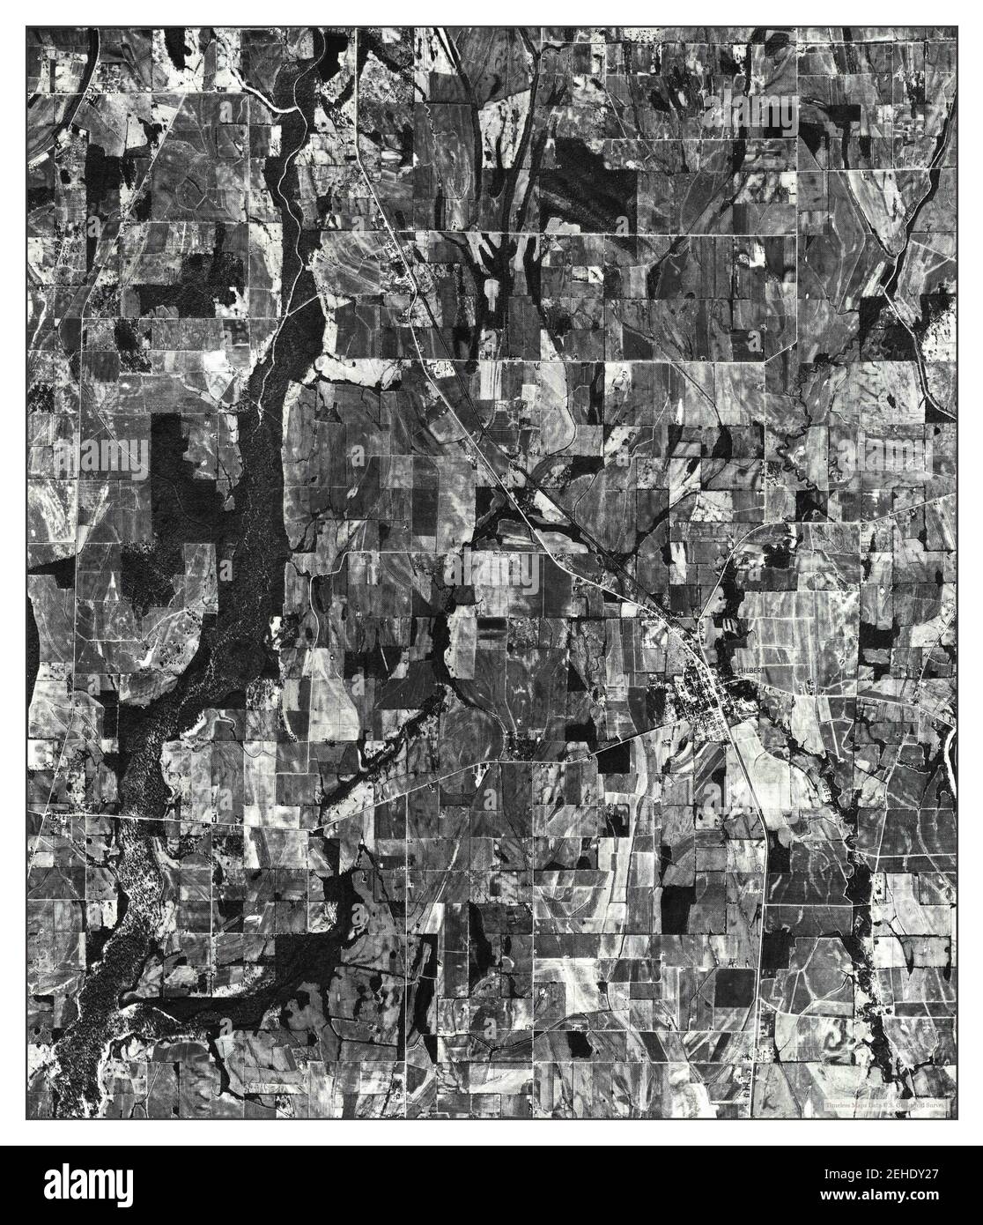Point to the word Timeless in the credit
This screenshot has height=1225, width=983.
pos(842,1104)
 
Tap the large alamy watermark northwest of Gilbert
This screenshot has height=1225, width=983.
pos(491,573)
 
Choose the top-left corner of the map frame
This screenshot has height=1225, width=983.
pos(27,27)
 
